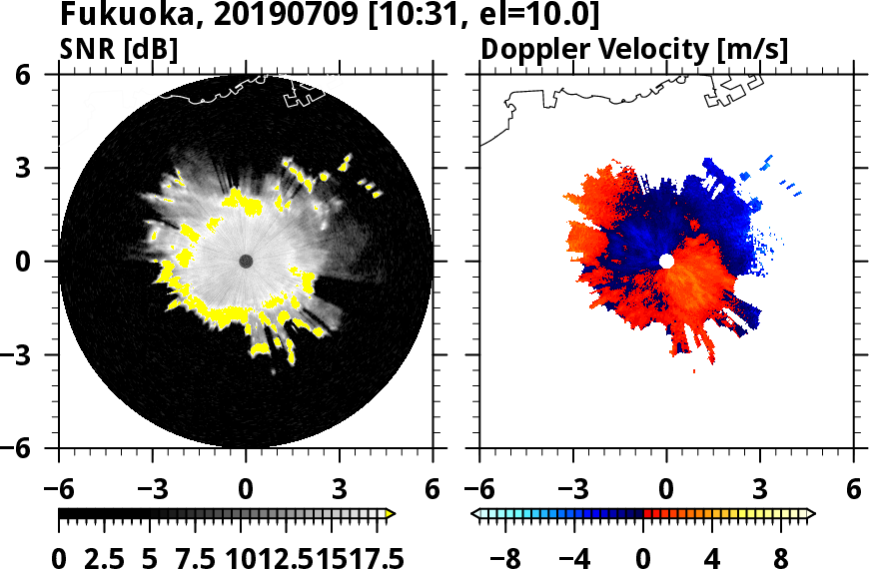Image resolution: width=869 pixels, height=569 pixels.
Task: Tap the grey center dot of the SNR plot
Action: coord(246,261)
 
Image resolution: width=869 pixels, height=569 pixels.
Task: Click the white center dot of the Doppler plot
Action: coord(666,261)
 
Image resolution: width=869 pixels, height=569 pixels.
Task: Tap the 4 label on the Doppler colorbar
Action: coord(713,556)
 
